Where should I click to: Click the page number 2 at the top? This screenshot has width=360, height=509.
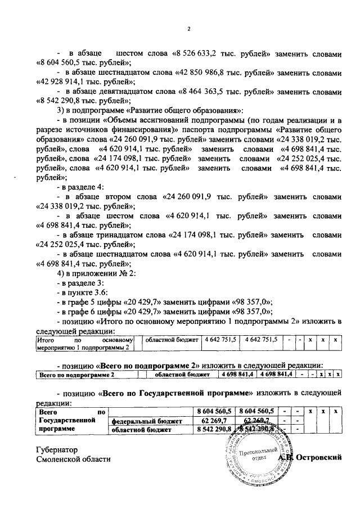tap(189, 29)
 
